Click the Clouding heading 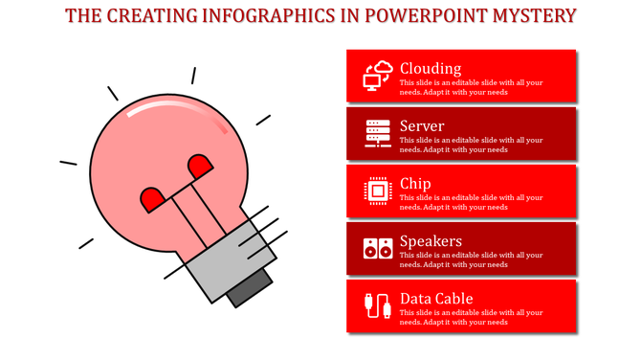(x=431, y=68)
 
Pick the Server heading (x=422, y=125)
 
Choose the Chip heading (x=415, y=183)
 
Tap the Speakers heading (x=431, y=240)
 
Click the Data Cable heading (x=436, y=298)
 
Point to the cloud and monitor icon (x=378, y=76)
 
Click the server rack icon (x=378, y=133)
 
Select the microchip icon (x=378, y=191)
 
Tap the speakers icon (x=378, y=248)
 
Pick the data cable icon (x=378, y=305)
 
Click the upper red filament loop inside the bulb (x=200, y=167)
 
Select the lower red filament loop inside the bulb (x=152, y=199)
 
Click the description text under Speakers (x=471, y=259)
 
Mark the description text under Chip (x=471, y=202)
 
